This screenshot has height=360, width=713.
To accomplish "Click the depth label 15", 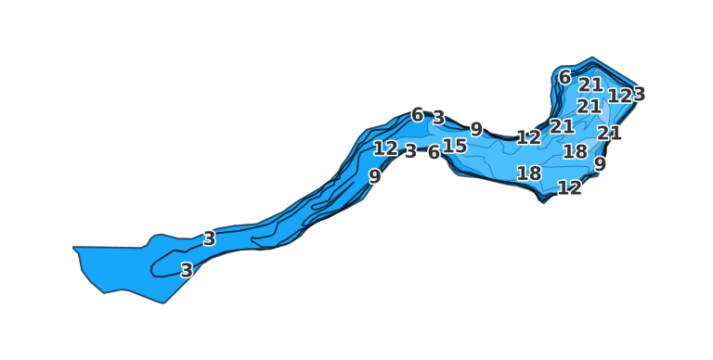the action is pos(455,147).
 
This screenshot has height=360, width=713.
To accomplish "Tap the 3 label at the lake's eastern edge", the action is pos(639,94).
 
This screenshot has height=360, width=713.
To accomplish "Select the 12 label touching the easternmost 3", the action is pos(619,96).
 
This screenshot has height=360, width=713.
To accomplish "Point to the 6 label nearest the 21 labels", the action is pos(564,77).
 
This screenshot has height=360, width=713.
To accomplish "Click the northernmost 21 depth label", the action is pos(590,84).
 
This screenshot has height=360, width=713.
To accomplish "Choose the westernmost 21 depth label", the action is pos(562,126).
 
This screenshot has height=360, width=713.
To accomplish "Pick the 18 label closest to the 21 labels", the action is pos(575,151).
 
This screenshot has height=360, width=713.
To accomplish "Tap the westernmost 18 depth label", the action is pos(529,174).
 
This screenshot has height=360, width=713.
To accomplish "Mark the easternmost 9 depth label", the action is pos(600,164).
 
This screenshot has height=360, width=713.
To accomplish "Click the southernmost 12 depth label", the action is pos(569,188).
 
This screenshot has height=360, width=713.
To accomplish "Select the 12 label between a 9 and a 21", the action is pos(528,138).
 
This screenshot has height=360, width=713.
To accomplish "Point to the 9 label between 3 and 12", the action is pos(476,130).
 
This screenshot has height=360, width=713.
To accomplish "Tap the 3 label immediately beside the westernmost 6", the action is pos(438,119).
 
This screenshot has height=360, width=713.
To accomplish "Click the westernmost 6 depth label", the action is pos(418,115).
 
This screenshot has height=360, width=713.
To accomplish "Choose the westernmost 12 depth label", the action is pos(385,148).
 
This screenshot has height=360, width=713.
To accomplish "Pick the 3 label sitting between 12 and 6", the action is pos(410,151).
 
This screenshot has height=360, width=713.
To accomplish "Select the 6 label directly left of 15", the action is pos(434,153).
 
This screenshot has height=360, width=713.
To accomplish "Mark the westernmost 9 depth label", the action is pos(374,176).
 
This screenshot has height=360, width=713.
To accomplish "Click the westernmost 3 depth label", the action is pos(187,271).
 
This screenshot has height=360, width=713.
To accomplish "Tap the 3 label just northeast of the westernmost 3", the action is pos(209,238).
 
